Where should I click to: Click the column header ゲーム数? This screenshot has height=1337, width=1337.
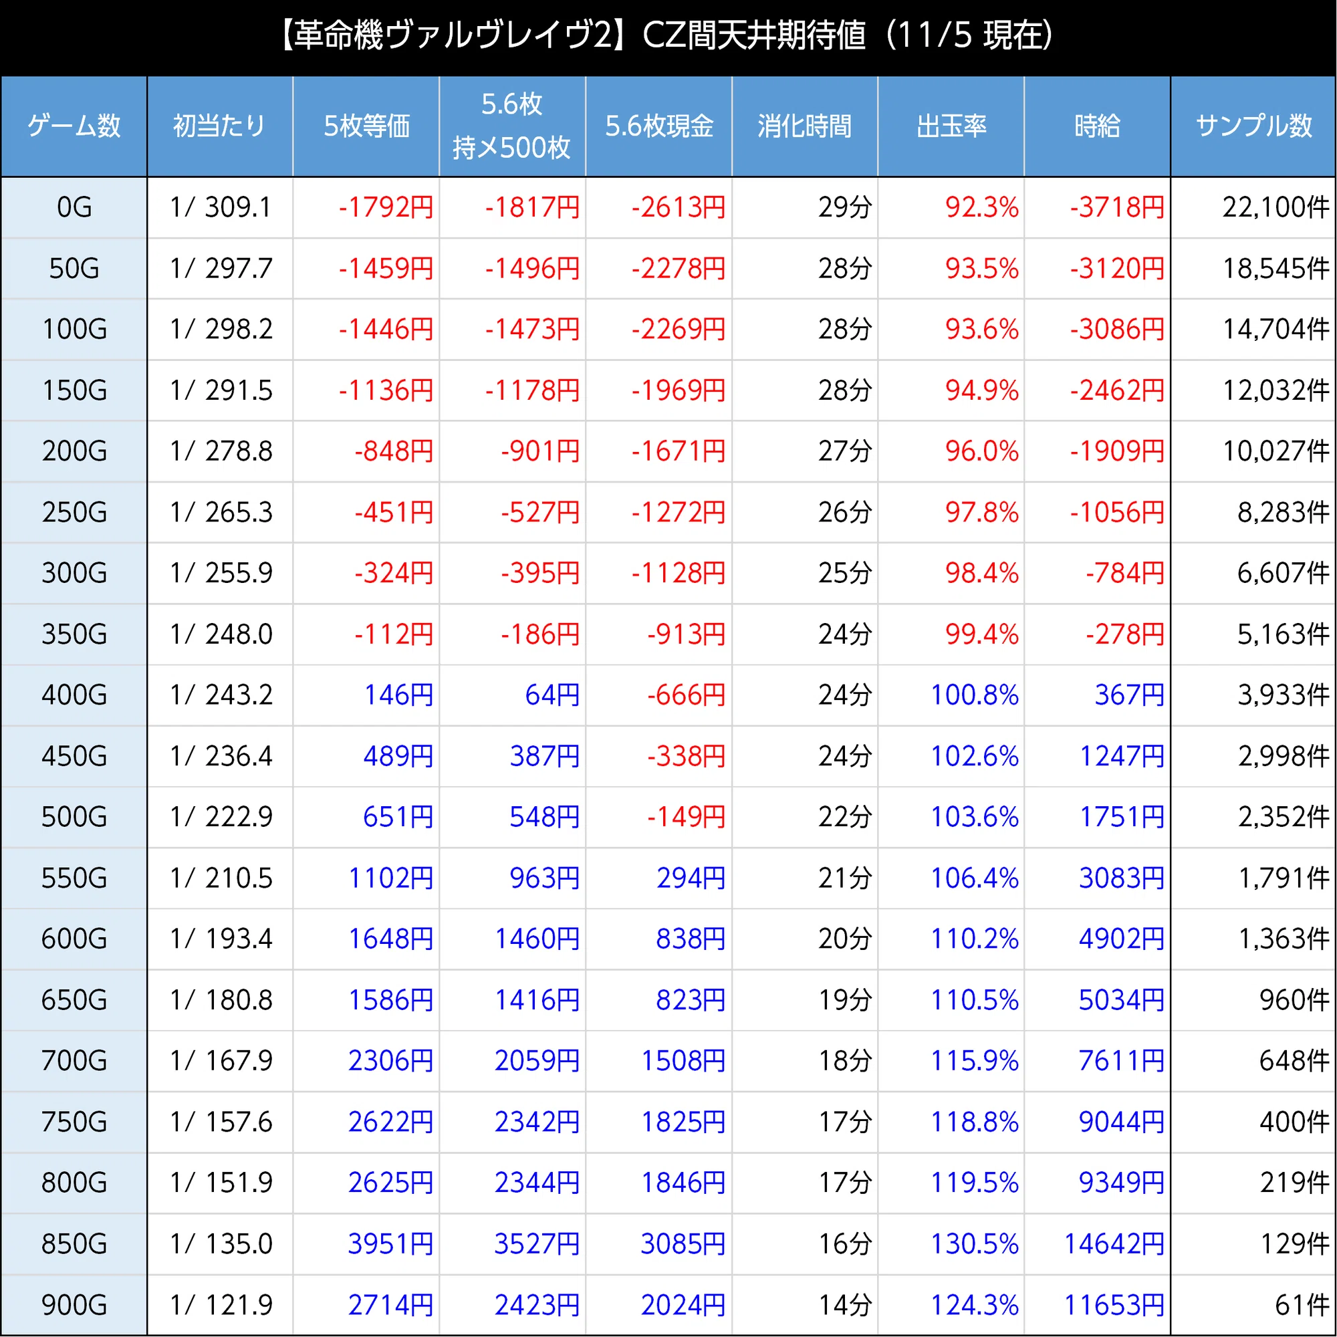point(74,126)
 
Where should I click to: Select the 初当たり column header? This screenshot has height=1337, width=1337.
point(219,126)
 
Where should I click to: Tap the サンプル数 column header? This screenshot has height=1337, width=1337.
point(1253,126)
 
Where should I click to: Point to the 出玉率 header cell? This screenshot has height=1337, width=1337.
point(951,126)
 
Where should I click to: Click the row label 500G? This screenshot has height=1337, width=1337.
point(74,817)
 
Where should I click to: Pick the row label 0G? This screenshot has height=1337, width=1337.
point(74,207)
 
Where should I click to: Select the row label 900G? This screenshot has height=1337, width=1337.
point(74,1305)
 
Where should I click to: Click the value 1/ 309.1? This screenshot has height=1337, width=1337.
point(221,207)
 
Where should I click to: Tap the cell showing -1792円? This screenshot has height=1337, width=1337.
point(386,207)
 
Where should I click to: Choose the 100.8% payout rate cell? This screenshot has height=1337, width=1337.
point(975,695)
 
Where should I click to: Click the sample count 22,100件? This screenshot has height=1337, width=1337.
point(1275,207)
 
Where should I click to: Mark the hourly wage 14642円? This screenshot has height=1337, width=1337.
point(1114,1243)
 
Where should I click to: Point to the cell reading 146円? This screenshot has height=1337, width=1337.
point(398,695)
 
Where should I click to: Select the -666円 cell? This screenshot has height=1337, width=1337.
point(687,695)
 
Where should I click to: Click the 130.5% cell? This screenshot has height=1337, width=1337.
point(975,1243)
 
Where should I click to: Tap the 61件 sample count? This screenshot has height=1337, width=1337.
point(1302,1305)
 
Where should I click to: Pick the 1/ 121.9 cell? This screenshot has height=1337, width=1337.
point(221,1305)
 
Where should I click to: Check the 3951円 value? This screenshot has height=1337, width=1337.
point(391,1243)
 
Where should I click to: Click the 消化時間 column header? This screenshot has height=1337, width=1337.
point(804,126)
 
